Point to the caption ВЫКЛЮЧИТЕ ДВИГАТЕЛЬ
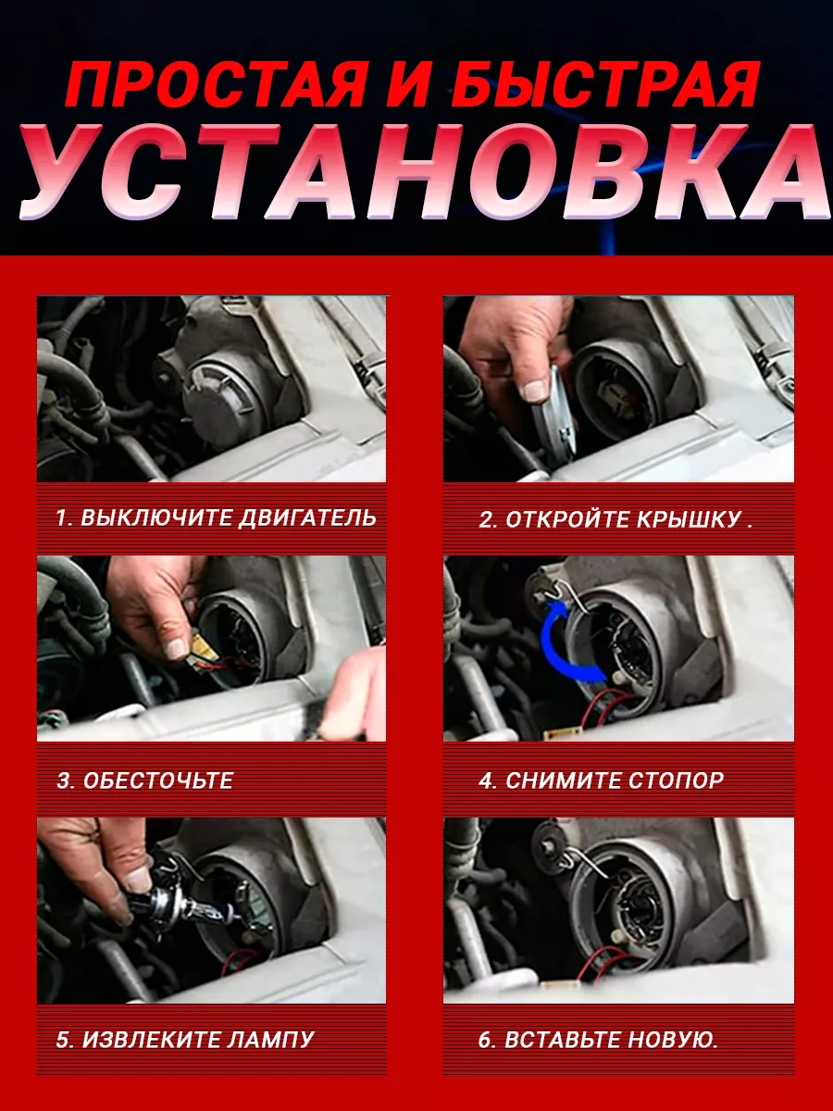(228, 518)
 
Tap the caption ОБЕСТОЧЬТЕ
(158, 780)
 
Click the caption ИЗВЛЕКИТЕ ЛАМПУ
(198, 1040)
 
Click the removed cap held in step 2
(553, 421)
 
